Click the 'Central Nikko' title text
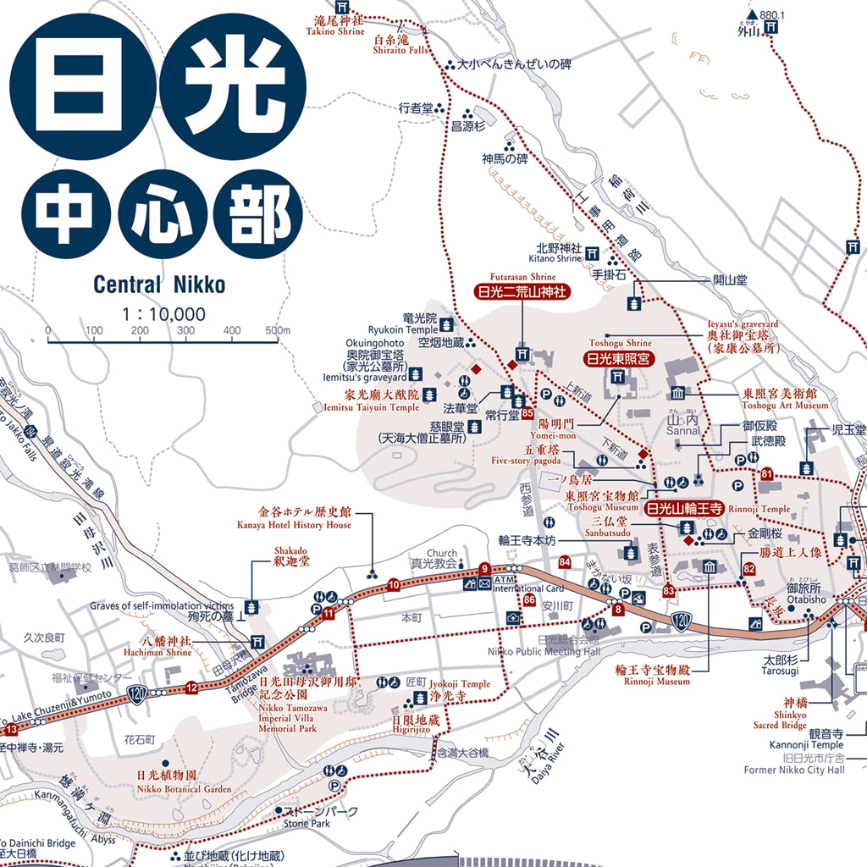click(159, 284)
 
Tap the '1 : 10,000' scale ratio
click(163, 314)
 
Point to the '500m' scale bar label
click(277, 330)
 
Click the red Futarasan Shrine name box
click(522, 293)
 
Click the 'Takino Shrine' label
click(335, 31)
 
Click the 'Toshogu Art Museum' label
click(786, 406)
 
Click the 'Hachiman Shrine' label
click(167, 653)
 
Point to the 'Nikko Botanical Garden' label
click(184, 789)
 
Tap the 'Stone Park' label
click(306, 823)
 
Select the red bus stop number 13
click(11, 730)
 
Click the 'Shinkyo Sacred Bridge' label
click(779, 725)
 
